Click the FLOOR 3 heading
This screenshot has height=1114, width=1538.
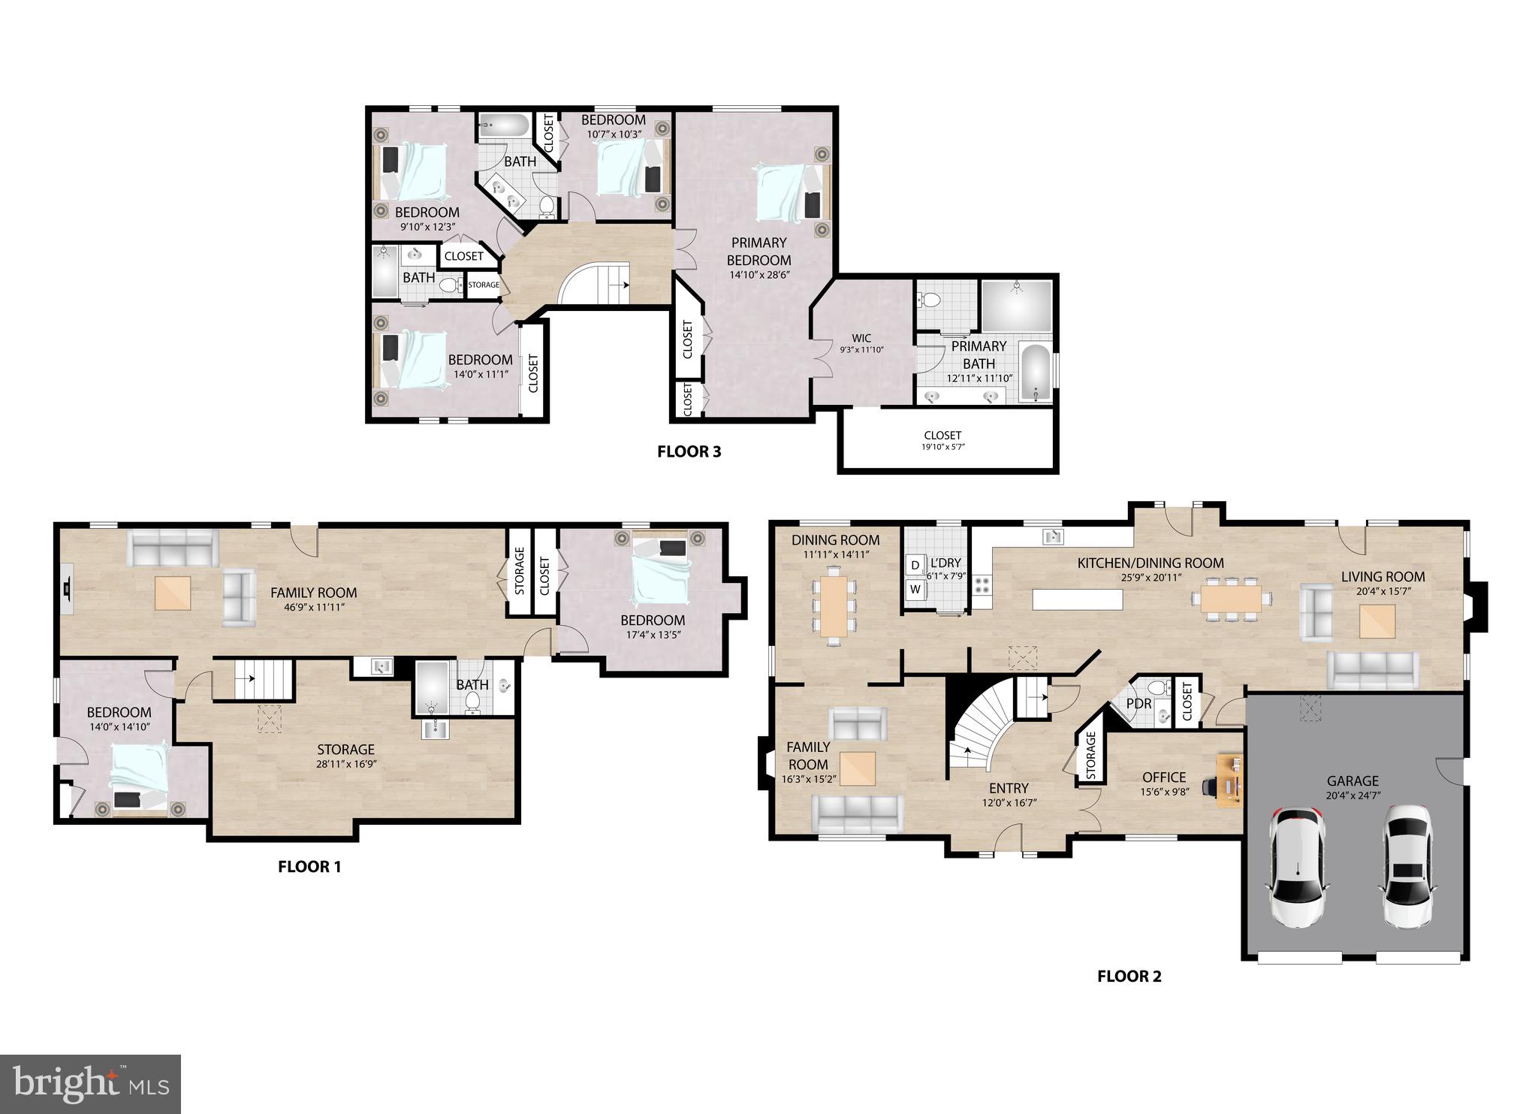pyautogui.click(x=689, y=451)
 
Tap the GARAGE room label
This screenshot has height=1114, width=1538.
pyautogui.click(x=1353, y=780)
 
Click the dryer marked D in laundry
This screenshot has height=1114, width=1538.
pyautogui.click(x=915, y=565)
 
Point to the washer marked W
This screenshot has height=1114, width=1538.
pyautogui.click(x=915, y=589)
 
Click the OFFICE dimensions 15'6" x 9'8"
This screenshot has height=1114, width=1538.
pyautogui.click(x=1165, y=792)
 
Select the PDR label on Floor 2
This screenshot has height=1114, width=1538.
pyautogui.click(x=1138, y=704)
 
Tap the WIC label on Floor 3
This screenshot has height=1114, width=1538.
pyautogui.click(x=861, y=338)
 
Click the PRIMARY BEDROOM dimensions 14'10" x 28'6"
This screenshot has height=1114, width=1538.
pyautogui.click(x=758, y=275)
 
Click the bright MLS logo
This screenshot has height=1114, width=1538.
pyautogui.click(x=90, y=1084)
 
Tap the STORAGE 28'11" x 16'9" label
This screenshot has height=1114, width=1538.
pyautogui.click(x=345, y=756)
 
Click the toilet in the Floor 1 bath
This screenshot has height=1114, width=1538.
pyautogui.click(x=472, y=702)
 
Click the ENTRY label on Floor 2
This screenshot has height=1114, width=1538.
pyautogui.click(x=1008, y=788)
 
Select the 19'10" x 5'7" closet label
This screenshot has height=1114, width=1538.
pyautogui.click(x=942, y=441)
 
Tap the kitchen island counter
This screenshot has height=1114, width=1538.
pyautogui.click(x=1078, y=599)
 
